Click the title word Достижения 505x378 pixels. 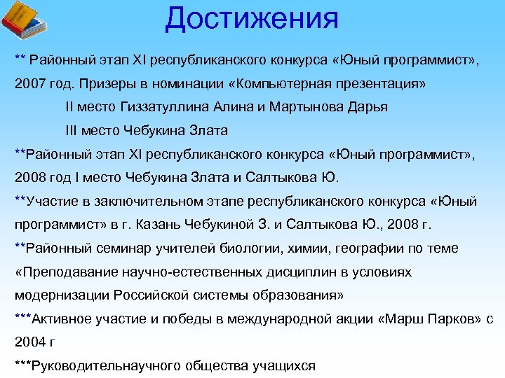click(252, 18)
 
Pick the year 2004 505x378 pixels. click(29, 342)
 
